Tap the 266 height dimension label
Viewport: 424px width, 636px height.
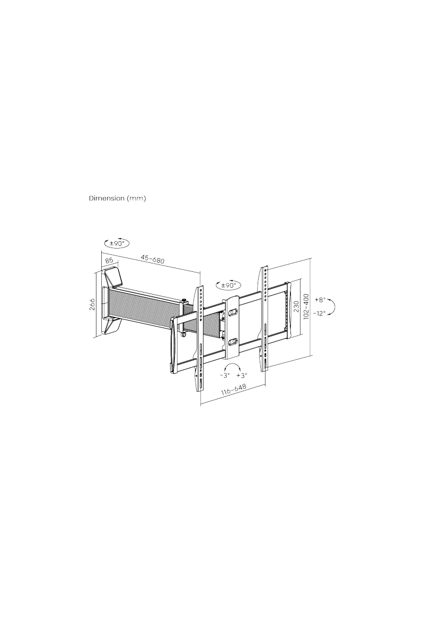(x=93, y=304)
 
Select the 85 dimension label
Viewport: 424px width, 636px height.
(x=109, y=260)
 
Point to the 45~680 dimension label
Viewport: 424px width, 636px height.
(x=153, y=259)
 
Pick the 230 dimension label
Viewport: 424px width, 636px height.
(x=296, y=307)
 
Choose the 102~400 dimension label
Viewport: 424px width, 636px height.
(x=306, y=306)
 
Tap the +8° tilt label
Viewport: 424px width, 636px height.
(x=320, y=300)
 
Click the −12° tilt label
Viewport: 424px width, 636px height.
(x=320, y=313)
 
